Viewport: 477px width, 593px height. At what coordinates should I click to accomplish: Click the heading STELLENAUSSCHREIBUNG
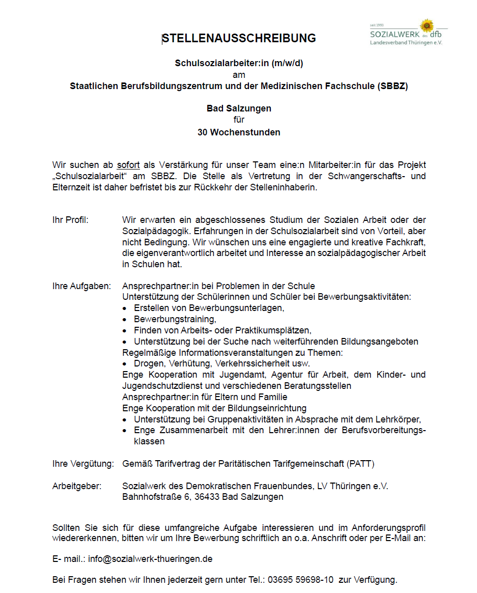click(x=239, y=38)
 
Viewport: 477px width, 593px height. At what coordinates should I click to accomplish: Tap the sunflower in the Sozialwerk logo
click(x=427, y=25)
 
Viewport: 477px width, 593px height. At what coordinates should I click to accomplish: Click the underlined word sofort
click(x=128, y=165)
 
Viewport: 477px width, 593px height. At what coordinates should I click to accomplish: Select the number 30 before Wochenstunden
click(x=203, y=132)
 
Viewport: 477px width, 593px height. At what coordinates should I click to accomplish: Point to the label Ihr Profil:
click(x=70, y=220)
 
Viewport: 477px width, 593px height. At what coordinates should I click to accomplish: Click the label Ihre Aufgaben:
click(x=81, y=286)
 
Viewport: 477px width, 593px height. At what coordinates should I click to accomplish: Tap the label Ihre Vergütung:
click(x=83, y=464)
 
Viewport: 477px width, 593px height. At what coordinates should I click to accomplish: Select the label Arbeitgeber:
click(x=77, y=486)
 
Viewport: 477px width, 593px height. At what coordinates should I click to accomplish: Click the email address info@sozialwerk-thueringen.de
click(x=150, y=559)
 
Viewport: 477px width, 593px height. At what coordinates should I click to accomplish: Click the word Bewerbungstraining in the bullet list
click(x=174, y=319)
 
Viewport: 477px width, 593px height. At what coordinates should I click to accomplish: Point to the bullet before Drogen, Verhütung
click(x=125, y=364)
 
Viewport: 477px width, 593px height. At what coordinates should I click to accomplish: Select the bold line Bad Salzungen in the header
click(x=239, y=108)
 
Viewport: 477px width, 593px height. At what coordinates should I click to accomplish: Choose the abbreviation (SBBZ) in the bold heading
click(x=392, y=86)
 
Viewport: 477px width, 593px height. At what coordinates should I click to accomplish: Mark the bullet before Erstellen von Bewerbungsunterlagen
click(x=125, y=308)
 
